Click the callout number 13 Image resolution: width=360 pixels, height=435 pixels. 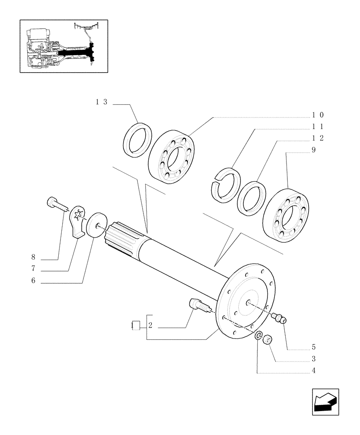101,102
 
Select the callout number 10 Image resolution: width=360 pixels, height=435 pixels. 318,115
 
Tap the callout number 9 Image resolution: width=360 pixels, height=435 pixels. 313,150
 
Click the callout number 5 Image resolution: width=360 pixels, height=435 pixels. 313,347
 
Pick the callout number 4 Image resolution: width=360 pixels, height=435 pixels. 313,371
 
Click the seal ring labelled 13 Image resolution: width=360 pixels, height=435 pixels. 137,138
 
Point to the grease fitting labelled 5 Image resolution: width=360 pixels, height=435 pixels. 278,320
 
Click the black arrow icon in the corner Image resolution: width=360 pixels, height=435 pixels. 325,401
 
